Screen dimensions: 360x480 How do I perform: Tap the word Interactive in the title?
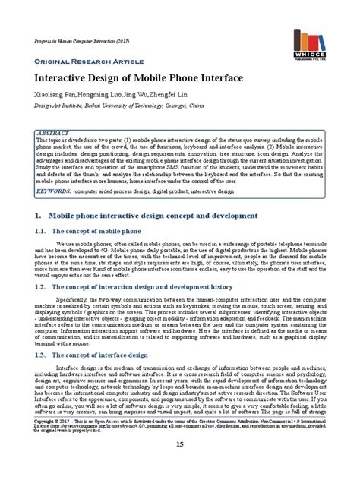(63, 79)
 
